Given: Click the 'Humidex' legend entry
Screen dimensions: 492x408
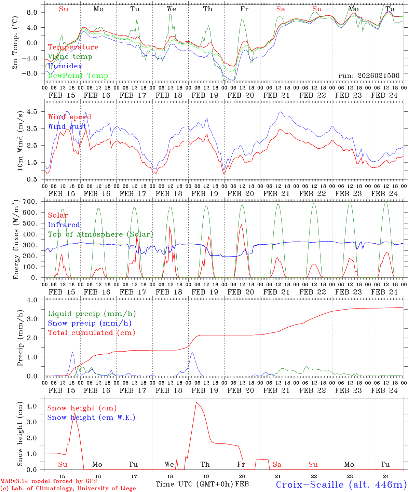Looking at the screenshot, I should coord(65,66).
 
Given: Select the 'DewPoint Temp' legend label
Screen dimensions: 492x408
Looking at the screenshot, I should coord(78,76).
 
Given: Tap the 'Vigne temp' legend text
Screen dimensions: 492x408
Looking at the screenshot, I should coord(70,57).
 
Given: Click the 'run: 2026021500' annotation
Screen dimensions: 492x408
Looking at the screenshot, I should coord(369,76).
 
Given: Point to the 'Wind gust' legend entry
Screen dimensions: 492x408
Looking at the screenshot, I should coord(67,126).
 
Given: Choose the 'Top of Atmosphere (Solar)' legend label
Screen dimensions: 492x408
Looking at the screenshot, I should coord(100,234).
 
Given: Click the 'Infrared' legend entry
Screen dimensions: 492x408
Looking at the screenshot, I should coord(64,225).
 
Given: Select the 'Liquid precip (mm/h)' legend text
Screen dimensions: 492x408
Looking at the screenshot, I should coord(92,314).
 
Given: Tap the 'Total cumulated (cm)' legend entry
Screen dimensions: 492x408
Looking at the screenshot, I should coord(92,332).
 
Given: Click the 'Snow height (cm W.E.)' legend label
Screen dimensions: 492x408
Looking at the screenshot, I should coord(91,418).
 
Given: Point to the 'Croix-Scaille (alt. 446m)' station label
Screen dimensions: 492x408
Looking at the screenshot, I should coord(341,484).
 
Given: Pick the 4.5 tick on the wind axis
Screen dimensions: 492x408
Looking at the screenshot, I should coord(36,112).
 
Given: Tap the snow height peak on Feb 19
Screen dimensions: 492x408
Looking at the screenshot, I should coord(196,402).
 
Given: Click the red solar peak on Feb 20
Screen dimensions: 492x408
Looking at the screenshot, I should coord(242,225).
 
